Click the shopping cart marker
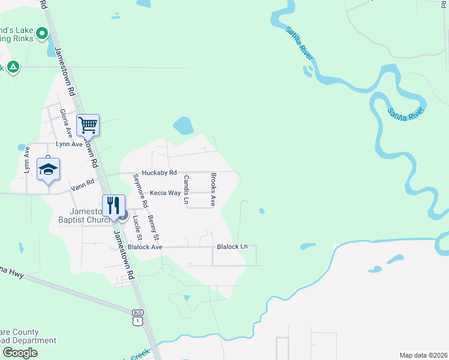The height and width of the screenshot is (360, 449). coord(88,125)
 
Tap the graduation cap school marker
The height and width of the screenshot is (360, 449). coord(48,169)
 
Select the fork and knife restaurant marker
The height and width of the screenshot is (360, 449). coord(113,205)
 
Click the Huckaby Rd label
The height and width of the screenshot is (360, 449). coord(160,173)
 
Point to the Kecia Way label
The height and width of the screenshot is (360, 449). coord(165,193)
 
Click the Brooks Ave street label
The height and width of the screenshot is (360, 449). coord(213,190)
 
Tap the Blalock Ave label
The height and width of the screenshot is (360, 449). coord(145,247)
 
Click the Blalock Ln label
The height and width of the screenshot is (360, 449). coord(232,247)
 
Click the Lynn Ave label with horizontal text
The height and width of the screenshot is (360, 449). coord(69,144)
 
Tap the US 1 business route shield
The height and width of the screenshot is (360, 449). coord(137,317)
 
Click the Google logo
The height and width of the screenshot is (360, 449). coord(20,353)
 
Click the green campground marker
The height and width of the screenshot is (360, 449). coord(13,67)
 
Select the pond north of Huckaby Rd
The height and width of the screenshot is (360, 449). coord(183,125)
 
